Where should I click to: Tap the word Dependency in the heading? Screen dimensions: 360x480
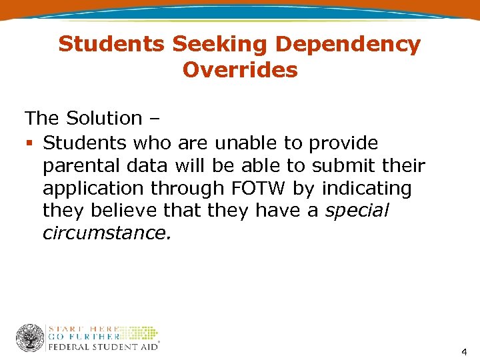347,45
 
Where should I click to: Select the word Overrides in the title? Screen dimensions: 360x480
240,69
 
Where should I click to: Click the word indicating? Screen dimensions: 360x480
367,189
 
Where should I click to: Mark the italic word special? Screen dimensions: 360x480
357,211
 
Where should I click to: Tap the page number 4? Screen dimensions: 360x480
464,352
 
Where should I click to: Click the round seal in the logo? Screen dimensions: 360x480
30,337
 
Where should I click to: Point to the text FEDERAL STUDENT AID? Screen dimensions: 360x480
103,346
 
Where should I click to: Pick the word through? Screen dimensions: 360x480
190,189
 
